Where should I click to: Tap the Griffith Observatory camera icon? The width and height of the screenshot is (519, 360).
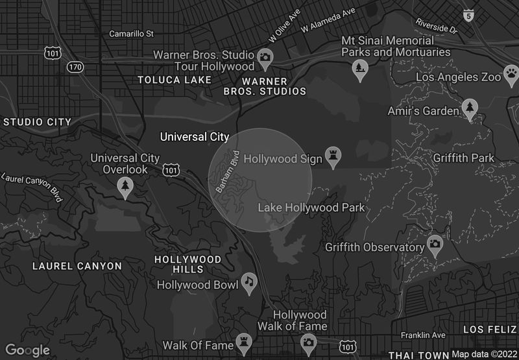point(435,245)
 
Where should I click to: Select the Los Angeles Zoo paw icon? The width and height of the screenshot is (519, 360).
point(512,73)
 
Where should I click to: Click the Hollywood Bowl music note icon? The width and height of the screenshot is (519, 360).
point(248,281)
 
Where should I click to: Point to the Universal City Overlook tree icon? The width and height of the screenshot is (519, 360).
point(125,187)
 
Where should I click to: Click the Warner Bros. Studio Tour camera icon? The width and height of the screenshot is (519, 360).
point(265,58)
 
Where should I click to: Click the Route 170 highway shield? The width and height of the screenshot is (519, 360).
point(75,67)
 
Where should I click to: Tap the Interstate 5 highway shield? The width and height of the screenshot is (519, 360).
point(468,14)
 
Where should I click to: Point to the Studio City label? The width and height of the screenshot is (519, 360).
point(37,121)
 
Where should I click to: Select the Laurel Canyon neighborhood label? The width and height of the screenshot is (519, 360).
point(77,266)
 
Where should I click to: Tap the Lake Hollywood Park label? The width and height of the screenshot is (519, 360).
point(311,208)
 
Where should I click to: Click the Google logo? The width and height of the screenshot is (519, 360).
point(29,350)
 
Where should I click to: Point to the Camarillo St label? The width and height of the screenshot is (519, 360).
point(131,33)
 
